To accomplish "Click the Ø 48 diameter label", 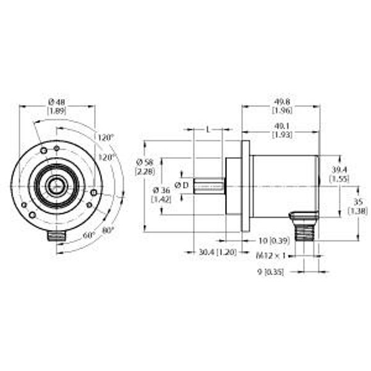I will click(x=57, y=101).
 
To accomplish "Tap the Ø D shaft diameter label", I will click(x=182, y=185).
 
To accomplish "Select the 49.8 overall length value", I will click(x=281, y=101).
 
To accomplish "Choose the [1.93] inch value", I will click(x=281, y=135).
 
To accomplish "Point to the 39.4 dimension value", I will click(x=339, y=169).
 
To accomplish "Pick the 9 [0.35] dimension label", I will click(x=270, y=271).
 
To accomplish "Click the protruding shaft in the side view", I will click(x=209, y=185).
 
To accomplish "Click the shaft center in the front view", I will click(x=57, y=184).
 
